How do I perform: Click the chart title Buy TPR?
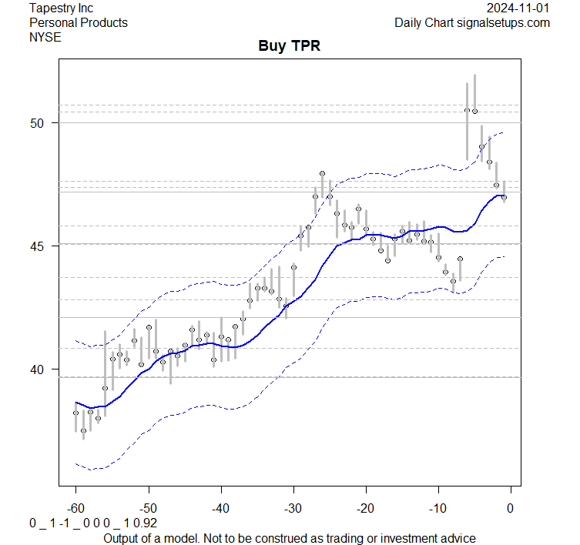289,46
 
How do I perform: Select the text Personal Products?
78,22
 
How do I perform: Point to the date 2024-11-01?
518,8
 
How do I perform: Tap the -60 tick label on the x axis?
75,507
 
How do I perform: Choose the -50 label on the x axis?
148,507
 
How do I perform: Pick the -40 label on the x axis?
220,507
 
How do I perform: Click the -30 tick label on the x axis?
293,507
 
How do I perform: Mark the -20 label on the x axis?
365,507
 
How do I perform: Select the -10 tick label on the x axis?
438,507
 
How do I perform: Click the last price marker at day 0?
504,197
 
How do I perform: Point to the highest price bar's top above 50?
474,75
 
